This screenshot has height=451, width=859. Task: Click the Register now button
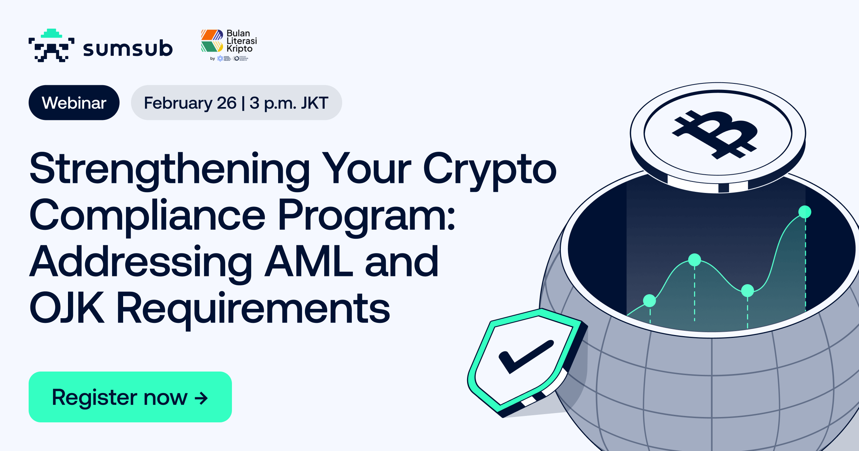[130, 397]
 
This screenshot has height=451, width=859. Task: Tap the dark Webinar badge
[74, 103]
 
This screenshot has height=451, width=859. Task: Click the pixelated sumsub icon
[52, 46]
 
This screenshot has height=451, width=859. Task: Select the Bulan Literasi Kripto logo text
[241, 41]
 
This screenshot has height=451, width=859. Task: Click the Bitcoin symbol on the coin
[716, 134]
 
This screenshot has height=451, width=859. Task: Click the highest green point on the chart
[805, 212]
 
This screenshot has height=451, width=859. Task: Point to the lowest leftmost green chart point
[649, 301]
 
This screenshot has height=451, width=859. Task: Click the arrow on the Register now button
[201, 398]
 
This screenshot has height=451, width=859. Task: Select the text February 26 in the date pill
[190, 103]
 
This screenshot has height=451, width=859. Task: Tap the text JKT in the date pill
[314, 103]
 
